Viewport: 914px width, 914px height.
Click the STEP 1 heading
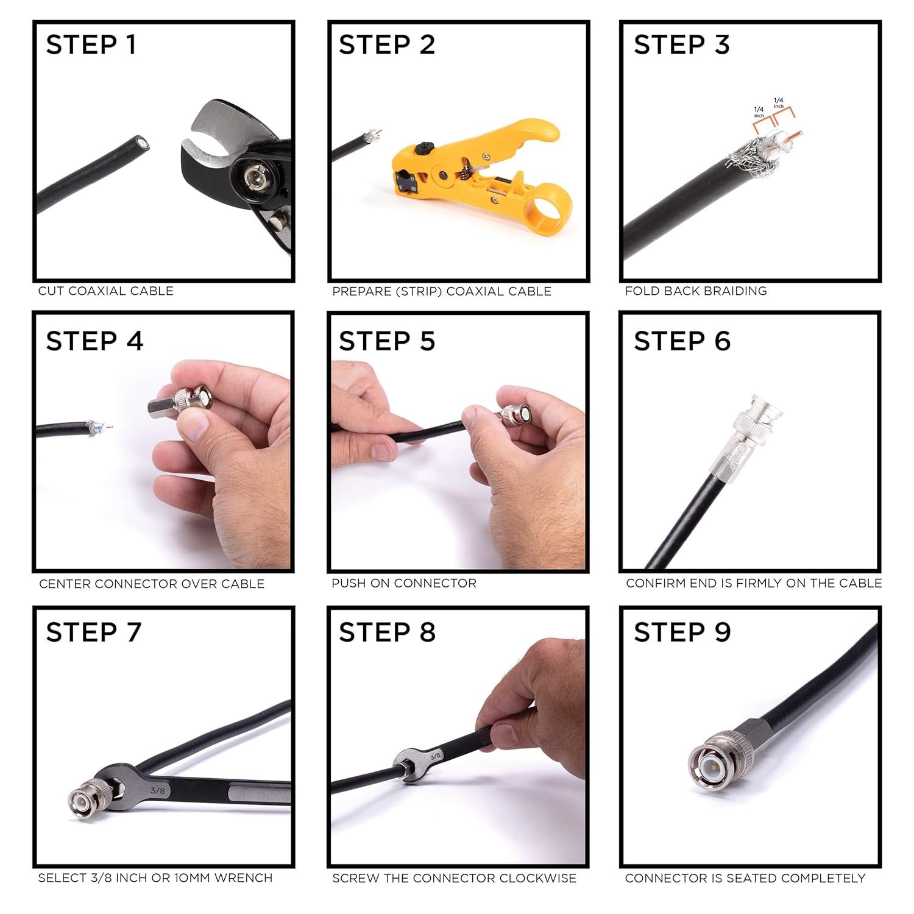pos(91,45)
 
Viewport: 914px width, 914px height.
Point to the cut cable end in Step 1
pos(143,144)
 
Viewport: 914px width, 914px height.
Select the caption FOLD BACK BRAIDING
pos(696,291)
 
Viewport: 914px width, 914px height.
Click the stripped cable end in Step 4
pos(97,428)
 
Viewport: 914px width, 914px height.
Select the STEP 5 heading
pos(387,341)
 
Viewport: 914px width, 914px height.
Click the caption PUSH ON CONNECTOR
pos(404,583)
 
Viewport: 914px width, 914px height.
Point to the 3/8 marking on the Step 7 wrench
pos(157,790)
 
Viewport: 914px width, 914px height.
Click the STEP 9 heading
pos(682,632)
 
